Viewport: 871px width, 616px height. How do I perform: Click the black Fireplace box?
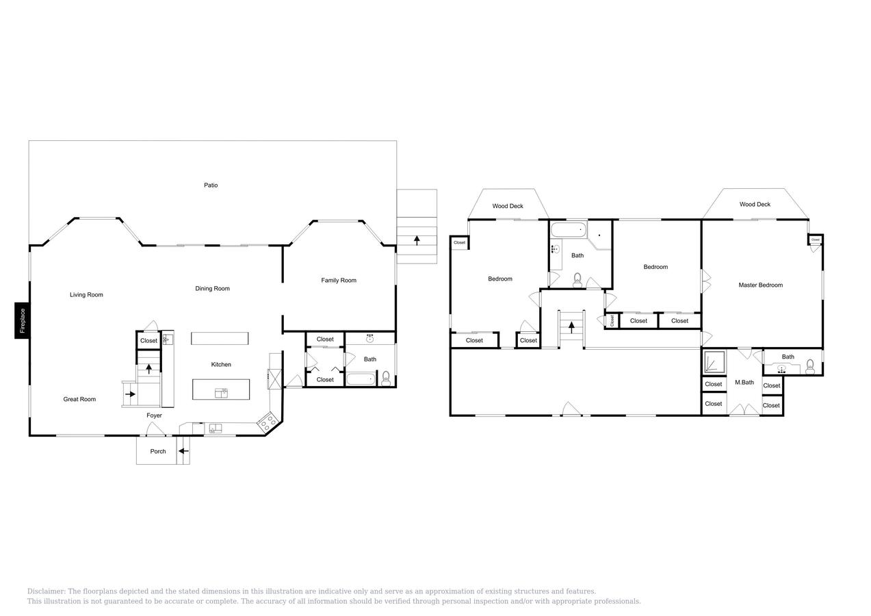(22, 320)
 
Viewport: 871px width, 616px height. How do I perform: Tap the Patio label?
(211, 185)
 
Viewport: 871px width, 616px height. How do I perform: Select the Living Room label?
(86, 295)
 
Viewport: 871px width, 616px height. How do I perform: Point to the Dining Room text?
(212, 289)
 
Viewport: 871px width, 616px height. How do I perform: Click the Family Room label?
(339, 281)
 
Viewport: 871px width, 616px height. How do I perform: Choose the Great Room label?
(79, 400)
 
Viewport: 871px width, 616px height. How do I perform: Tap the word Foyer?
(155, 415)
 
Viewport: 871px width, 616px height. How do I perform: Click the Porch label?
(158, 452)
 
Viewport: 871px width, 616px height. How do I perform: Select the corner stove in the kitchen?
(268, 421)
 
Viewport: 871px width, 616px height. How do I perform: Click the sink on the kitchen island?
(221, 392)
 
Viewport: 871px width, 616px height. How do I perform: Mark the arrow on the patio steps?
(417, 240)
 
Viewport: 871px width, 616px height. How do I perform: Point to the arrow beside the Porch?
(183, 451)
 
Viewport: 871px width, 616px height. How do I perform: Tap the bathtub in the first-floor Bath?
(360, 379)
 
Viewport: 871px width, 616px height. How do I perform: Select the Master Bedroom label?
(760, 285)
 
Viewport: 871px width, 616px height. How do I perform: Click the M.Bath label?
(744, 383)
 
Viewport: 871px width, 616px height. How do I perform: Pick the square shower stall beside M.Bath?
(714, 361)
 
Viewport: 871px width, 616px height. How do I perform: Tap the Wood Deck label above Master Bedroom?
(755, 205)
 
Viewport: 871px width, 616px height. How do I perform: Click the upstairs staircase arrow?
(571, 327)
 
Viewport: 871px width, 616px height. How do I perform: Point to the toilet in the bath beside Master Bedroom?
(810, 365)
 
